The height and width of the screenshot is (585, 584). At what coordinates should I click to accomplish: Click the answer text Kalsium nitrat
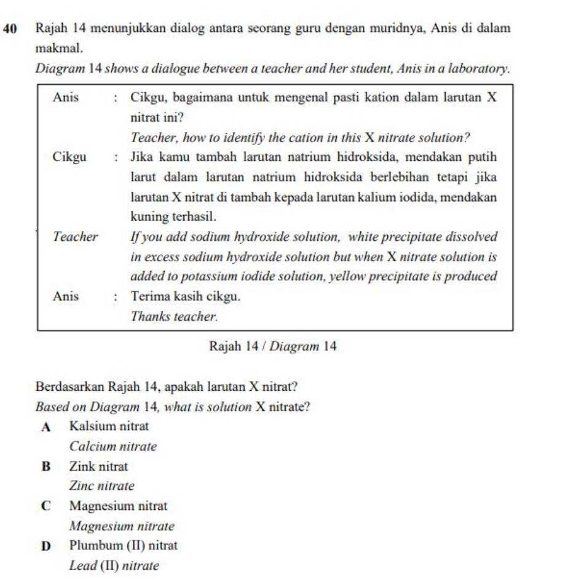(x=109, y=426)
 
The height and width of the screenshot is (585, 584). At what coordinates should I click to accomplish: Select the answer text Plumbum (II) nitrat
(x=124, y=545)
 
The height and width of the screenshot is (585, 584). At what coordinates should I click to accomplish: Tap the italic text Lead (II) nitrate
(x=114, y=565)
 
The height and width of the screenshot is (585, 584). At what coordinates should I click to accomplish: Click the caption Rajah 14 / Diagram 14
(x=272, y=347)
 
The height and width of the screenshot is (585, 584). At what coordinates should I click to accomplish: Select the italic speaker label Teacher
(x=75, y=237)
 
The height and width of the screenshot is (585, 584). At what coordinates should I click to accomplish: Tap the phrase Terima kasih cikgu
(x=185, y=296)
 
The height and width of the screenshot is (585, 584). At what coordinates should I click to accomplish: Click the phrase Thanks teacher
(x=175, y=316)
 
